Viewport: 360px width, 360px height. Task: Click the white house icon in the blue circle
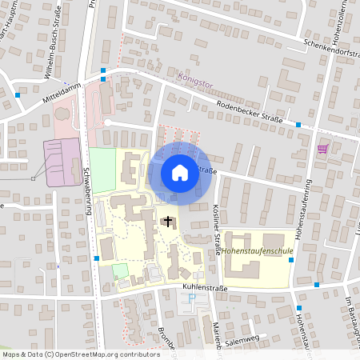pyautogui.click(x=180, y=172)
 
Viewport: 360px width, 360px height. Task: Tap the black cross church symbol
pyautogui.click(x=168, y=221)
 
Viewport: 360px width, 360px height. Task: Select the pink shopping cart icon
pyautogui.click(x=323, y=149)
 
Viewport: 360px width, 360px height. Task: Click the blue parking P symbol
pyautogui.click(x=191, y=298)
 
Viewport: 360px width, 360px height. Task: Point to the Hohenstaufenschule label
pyautogui.click(x=258, y=250)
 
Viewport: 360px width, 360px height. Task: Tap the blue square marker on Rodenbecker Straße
pyautogui.click(x=298, y=125)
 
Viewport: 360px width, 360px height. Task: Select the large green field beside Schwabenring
pyautogui.click(x=102, y=169)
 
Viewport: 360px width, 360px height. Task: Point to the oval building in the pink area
pyautogui.click(x=62, y=124)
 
